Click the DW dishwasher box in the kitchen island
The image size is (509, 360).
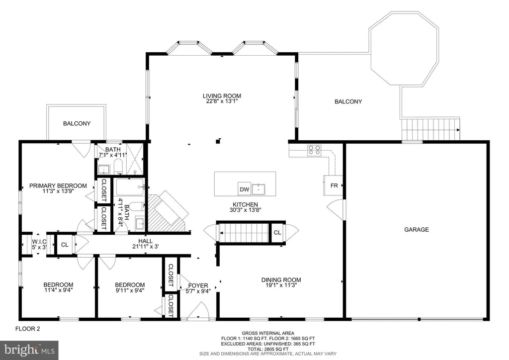tap(245, 189)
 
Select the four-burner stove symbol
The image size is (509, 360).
tap(314, 150)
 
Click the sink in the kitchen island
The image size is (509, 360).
tap(258, 189)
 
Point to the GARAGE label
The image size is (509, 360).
tap(417, 230)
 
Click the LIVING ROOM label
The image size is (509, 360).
tap(222, 96)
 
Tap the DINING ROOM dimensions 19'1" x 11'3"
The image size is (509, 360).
tap(281, 285)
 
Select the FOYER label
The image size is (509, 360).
tap(198, 285)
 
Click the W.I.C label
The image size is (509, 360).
tap(39, 242)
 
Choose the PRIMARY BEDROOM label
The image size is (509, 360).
tap(58, 185)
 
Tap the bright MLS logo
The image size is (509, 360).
tap(29, 350)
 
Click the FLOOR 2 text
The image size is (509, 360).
tap(28, 329)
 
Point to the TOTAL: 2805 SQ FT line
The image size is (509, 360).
tap(268, 349)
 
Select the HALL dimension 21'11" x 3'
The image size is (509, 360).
tap(146, 247)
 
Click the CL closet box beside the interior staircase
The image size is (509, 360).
tap(277, 232)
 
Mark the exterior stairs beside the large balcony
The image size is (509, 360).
tap(431, 130)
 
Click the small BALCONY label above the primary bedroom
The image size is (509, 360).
tap(77, 123)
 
